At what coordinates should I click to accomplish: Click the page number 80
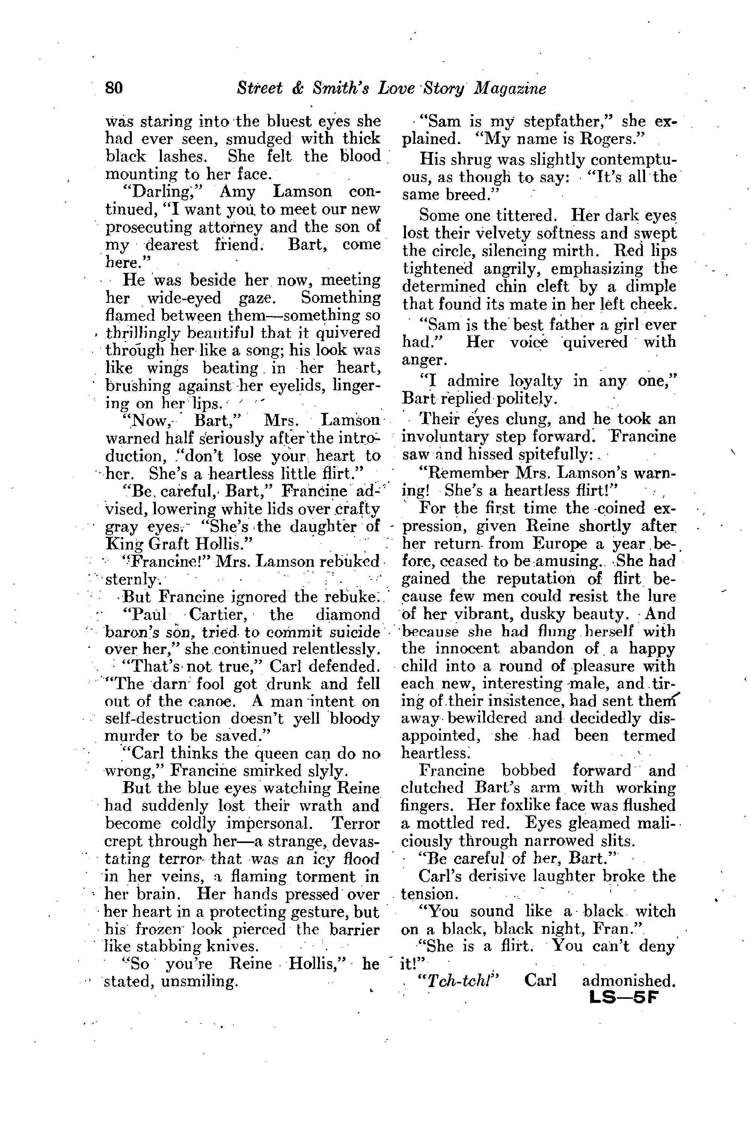(115, 89)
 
